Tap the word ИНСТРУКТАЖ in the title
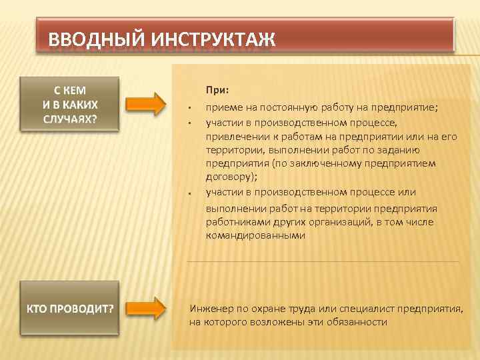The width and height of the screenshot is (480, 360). click(x=213, y=39)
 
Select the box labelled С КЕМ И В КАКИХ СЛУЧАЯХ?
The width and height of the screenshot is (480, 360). click(x=70, y=104)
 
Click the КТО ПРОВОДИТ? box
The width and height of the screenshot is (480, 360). click(x=70, y=309)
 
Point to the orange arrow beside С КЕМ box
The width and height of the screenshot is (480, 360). click(x=146, y=105)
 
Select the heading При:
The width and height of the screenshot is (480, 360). click(x=217, y=89)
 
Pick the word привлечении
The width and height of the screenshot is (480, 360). click(x=234, y=136)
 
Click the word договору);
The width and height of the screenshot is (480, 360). click(x=231, y=177)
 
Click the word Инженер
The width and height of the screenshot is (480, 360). click(x=211, y=309)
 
